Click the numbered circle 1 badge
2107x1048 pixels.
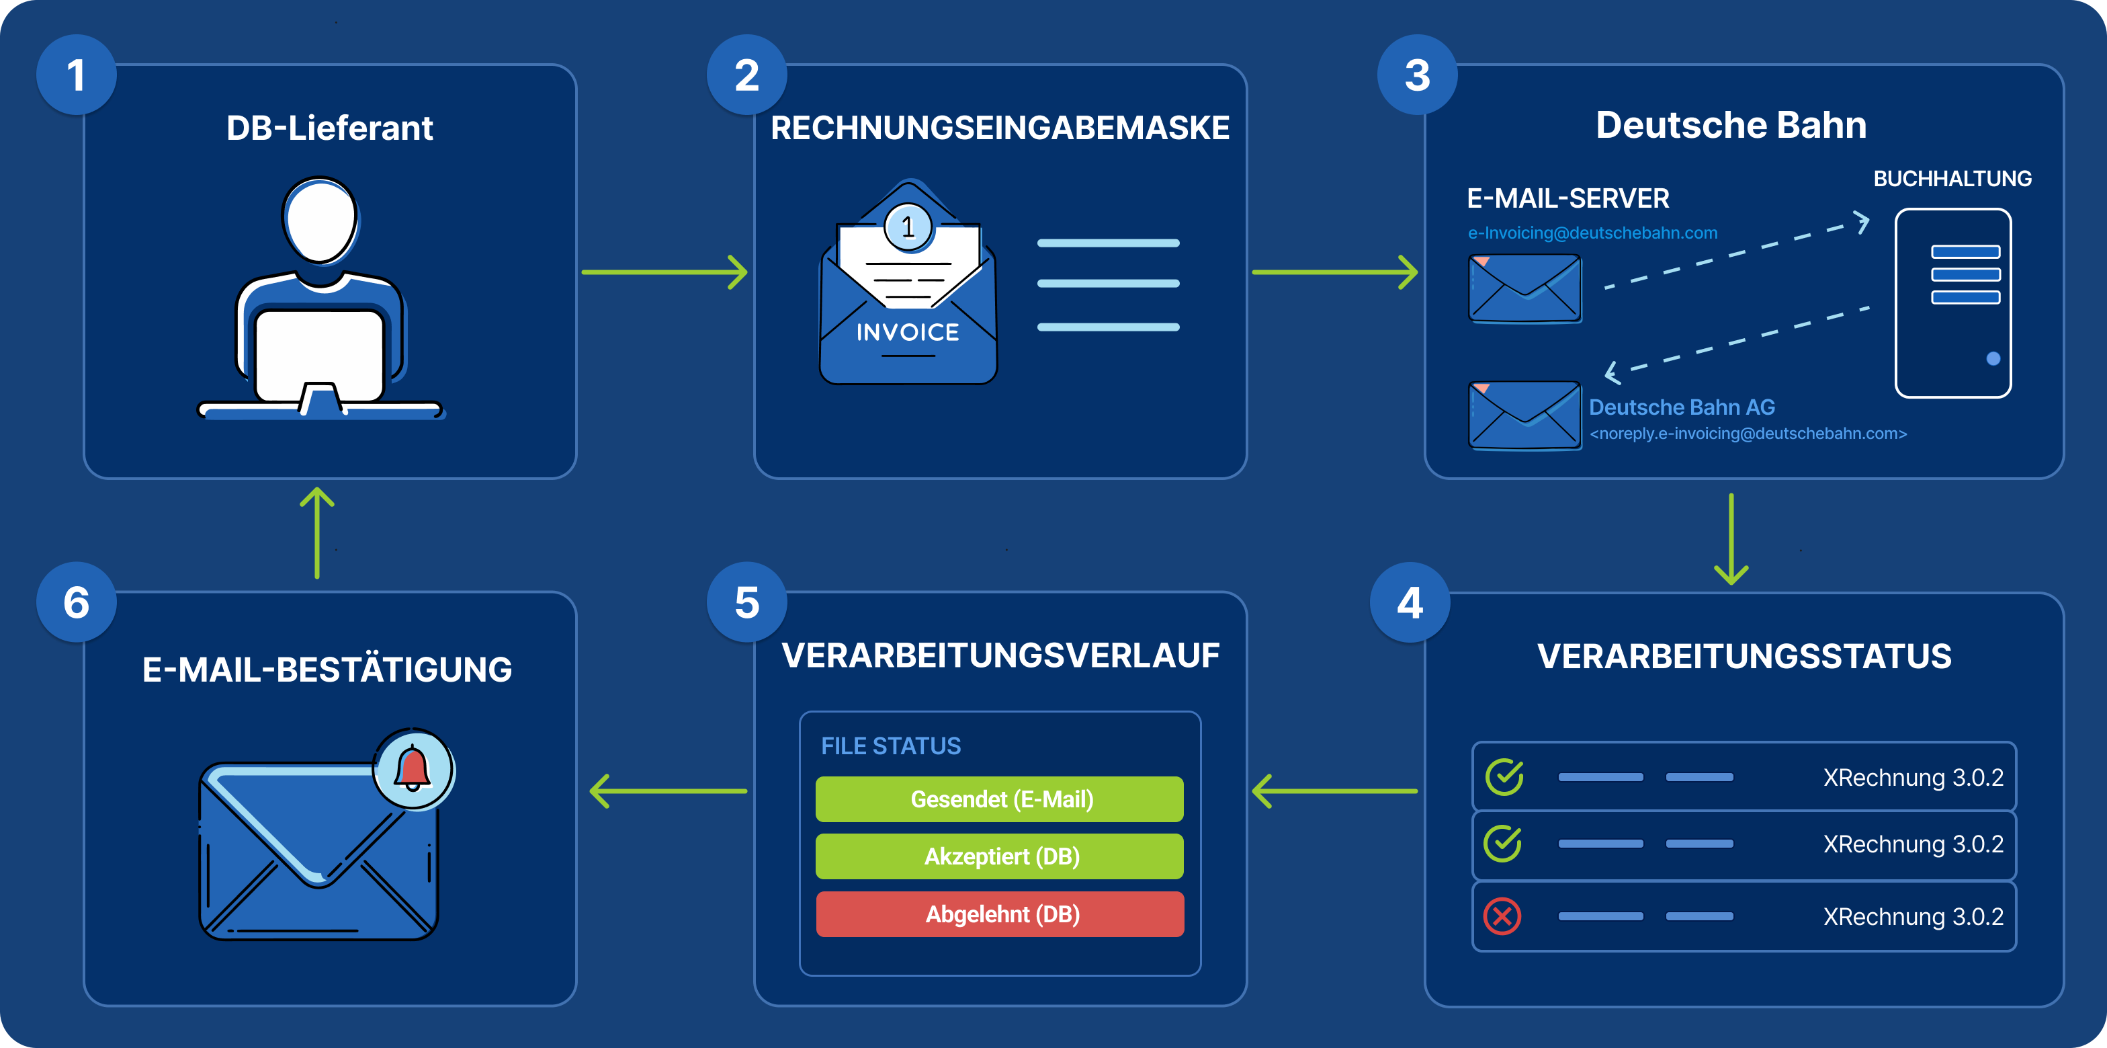coord(76,75)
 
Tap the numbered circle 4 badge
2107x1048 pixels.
coord(1410,603)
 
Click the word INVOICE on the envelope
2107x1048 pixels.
coord(907,332)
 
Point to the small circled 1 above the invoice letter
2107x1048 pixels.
coord(908,227)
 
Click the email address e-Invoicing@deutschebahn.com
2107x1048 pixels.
coord(1592,233)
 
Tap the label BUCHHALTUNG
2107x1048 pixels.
coord(1952,178)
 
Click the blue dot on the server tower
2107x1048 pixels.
coord(1993,358)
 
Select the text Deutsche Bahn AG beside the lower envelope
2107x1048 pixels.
coord(1681,407)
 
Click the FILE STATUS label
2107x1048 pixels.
coord(890,746)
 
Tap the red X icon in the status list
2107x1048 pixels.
coord(1502,916)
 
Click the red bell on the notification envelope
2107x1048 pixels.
coord(413,769)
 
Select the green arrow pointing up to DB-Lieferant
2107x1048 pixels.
coord(316,532)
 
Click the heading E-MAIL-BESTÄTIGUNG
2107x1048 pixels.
coord(327,670)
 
